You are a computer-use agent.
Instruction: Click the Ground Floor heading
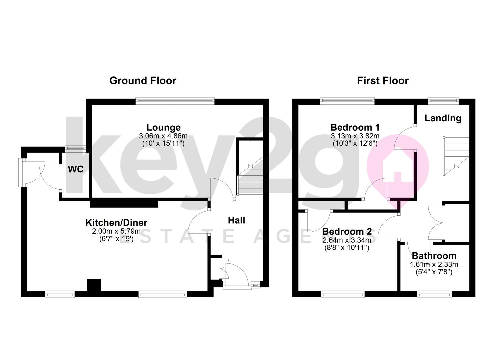(x=143, y=81)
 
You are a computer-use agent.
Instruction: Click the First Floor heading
(x=383, y=81)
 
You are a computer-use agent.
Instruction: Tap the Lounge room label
(x=163, y=127)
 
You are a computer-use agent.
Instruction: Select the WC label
(x=76, y=169)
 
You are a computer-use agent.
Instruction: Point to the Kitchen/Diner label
(x=116, y=222)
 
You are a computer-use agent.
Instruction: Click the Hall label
(x=236, y=220)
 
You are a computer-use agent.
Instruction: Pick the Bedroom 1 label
(x=355, y=127)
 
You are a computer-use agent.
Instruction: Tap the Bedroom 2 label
(x=347, y=231)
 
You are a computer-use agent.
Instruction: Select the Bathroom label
(x=434, y=256)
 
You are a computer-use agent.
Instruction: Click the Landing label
(x=443, y=118)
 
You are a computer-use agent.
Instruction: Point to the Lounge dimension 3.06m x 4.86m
(x=163, y=136)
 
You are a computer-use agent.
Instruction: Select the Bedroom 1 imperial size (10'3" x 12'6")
(x=355, y=144)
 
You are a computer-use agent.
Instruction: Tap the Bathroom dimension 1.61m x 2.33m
(x=434, y=265)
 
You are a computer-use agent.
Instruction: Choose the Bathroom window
(x=434, y=294)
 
